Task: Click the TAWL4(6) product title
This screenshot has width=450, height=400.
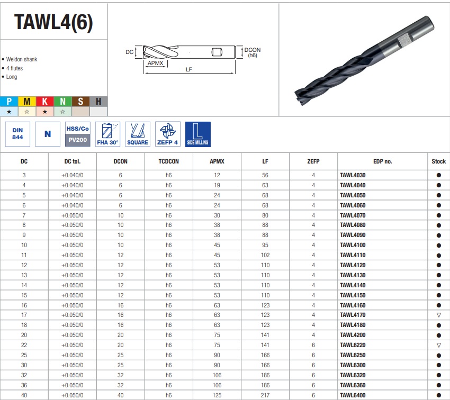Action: (x=53, y=22)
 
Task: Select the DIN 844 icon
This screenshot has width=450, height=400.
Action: (x=17, y=134)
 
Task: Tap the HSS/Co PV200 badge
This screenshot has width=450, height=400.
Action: (x=77, y=134)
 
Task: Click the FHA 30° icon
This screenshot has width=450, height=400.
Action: (x=107, y=134)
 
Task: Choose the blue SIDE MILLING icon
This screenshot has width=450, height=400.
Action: (x=198, y=134)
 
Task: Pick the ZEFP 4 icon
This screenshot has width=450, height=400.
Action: (x=168, y=134)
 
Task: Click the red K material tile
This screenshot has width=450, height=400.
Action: (x=45, y=101)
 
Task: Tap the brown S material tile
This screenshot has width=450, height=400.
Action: (x=80, y=101)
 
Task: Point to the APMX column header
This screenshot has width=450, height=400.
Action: (x=217, y=161)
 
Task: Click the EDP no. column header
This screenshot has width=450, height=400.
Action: (x=383, y=161)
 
